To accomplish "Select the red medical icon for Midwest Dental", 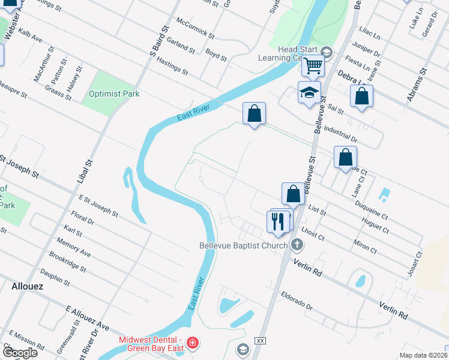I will [192, 343].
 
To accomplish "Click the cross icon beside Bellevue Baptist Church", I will [296, 245].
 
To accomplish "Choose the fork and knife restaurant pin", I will [277, 221].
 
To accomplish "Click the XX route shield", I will [260, 340].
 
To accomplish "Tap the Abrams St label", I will [417, 84].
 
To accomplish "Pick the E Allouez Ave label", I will [87, 317].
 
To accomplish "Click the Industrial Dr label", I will [340, 133].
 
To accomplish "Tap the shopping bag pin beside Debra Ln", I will [361, 96].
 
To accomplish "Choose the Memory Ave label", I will [73, 249].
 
